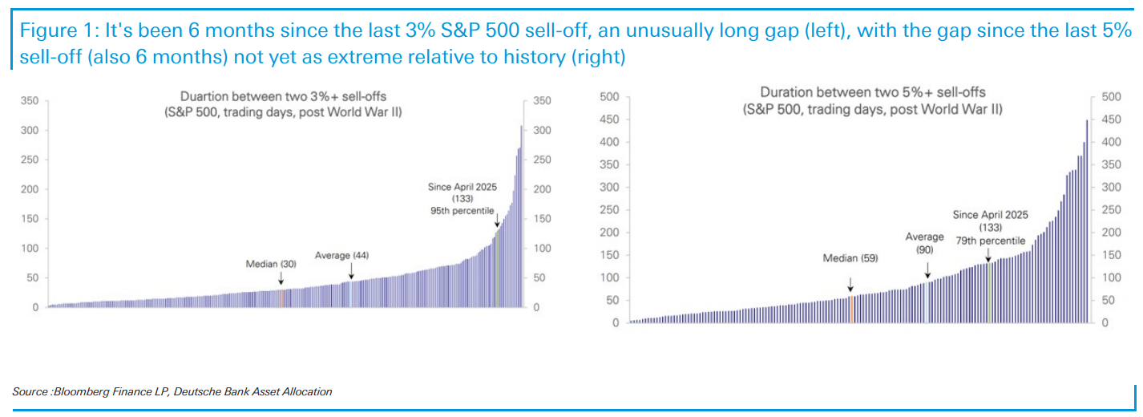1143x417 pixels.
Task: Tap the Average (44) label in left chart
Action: point(341,255)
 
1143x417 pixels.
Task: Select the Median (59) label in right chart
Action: point(850,258)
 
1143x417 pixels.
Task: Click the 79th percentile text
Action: point(990,240)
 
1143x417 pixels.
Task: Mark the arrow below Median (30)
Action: point(281,277)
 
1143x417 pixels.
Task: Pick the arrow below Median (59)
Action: point(850,282)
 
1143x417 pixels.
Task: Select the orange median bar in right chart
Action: point(850,310)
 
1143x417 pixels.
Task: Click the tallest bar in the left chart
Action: point(521,217)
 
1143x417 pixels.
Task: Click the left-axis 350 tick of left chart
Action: point(30,101)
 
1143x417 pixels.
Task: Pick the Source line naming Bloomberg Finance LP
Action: point(172,391)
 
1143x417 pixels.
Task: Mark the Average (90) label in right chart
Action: point(925,244)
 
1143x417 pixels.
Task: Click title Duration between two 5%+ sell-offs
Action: point(873,92)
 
